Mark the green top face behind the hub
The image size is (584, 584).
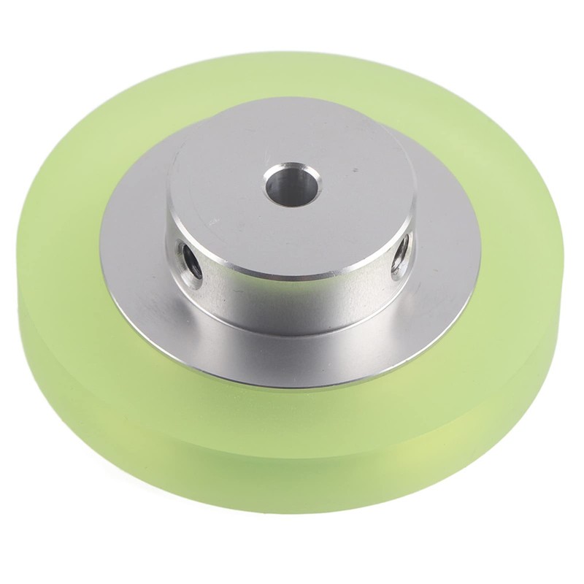pyautogui.click(x=292, y=80)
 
